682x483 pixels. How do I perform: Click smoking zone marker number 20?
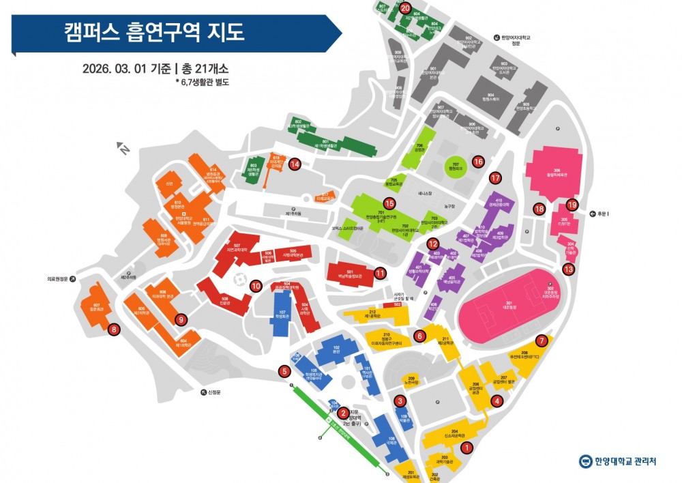[405, 9]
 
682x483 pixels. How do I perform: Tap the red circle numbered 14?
[295, 164]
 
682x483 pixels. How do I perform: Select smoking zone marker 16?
[478, 162]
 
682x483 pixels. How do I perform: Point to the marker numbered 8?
[115, 330]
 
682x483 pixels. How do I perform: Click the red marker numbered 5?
[284, 372]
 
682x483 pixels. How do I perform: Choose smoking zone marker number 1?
[466, 448]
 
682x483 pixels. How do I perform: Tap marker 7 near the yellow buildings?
[542, 340]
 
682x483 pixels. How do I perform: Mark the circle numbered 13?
[568, 269]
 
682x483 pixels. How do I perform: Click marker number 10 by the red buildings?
[256, 286]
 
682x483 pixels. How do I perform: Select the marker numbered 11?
[380, 274]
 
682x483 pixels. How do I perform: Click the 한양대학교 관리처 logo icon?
[586, 462]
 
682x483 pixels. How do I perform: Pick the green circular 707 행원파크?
[456, 166]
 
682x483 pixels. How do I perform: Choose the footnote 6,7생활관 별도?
[203, 82]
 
